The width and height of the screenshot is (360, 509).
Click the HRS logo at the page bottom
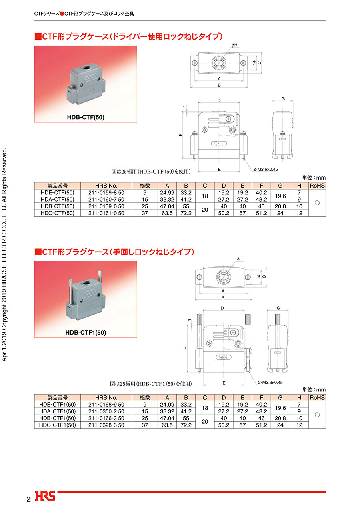coord(45,496)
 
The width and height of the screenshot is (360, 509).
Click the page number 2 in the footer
coord(28,499)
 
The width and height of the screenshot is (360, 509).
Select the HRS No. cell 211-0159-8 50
coord(106,193)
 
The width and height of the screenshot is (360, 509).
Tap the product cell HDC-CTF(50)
coord(57,213)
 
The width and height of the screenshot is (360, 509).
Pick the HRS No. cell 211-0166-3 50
coord(106,418)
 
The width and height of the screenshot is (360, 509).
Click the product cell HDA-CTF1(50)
coord(57,411)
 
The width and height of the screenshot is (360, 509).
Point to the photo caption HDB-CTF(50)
coord(86,117)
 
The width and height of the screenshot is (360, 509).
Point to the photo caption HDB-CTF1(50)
coord(86,333)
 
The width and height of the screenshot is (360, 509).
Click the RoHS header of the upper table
coord(317,186)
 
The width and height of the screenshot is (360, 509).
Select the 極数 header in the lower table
coord(145,398)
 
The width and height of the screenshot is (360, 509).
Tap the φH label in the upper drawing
coord(234,45)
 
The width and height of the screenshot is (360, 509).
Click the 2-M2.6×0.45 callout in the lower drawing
coord(270,383)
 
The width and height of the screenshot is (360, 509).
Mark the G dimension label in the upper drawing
coord(283,99)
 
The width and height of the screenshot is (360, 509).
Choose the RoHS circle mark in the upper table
coord(317,203)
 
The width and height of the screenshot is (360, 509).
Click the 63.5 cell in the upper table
coord(167,213)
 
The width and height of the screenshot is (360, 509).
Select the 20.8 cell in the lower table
coord(280,418)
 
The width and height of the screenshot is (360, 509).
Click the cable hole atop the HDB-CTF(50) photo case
coord(86,68)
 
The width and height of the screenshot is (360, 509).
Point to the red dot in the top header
coord(62,14)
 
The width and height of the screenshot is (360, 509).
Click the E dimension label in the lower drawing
coord(224,383)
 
